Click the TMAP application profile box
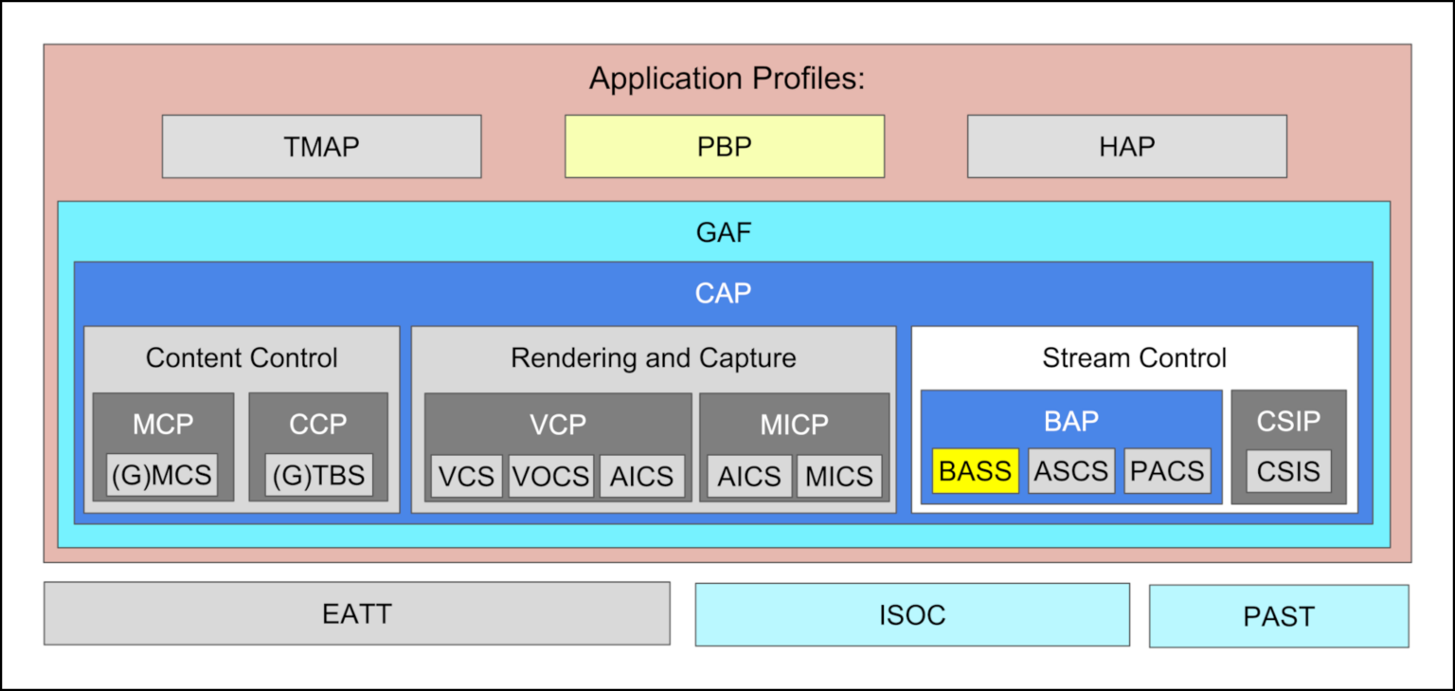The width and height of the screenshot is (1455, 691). point(321,147)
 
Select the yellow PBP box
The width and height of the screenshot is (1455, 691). point(725,147)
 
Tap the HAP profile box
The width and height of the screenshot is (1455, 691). point(1126,147)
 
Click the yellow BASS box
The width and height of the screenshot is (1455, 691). point(975,471)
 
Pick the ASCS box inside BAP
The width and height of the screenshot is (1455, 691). point(1071,471)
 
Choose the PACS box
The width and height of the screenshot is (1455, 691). point(1167,471)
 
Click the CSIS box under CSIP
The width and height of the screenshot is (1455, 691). point(1288,471)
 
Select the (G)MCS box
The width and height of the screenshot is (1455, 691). point(163,475)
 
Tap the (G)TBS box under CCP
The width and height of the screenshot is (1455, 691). point(318,475)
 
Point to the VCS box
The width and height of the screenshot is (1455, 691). point(466,476)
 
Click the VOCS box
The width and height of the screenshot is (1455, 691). point(551,476)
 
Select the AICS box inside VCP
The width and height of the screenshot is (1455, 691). point(641,476)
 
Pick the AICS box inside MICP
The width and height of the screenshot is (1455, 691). point(749,476)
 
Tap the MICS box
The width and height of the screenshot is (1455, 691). point(838,476)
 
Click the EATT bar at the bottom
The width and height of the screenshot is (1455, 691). point(356,614)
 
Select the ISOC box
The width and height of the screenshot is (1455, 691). point(912,615)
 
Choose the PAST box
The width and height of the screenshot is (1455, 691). point(1279,616)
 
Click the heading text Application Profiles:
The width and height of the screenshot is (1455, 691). point(727,79)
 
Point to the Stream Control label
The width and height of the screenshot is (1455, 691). point(1134,358)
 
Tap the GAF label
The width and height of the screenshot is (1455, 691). point(724,232)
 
